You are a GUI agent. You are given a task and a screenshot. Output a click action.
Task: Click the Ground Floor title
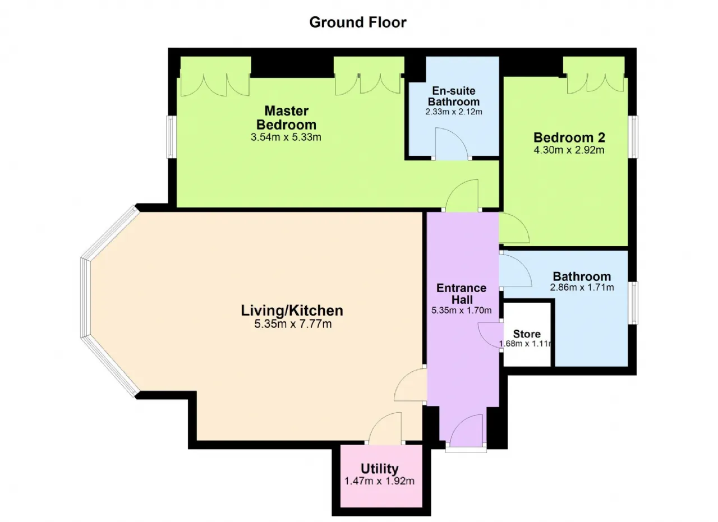coord(358,22)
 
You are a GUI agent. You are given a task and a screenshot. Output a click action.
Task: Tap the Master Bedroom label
coord(286,118)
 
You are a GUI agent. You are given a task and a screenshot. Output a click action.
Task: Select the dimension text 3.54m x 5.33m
coord(286,137)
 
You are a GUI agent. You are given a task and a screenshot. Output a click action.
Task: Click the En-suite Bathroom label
coord(454,96)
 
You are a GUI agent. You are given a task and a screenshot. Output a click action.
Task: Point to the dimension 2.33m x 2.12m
coord(454,112)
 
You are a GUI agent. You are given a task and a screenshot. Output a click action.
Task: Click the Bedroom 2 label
coord(569,137)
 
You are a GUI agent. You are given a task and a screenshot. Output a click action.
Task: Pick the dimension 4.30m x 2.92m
coord(569,150)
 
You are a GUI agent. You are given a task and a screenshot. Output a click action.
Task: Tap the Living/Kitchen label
coord(292,311)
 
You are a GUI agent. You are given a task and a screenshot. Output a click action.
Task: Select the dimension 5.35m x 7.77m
coord(293,324)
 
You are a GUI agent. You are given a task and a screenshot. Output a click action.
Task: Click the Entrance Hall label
coord(462,294)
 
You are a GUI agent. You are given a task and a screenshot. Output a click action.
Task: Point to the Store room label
coord(527,334)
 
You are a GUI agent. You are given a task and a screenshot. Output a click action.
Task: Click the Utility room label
coord(380,469)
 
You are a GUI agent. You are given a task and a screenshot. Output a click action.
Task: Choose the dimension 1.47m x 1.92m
coord(380,481)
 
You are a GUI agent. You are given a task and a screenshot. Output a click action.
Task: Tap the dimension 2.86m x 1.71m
coord(582,288)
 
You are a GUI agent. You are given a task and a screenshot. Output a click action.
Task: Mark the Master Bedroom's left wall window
coord(171,137)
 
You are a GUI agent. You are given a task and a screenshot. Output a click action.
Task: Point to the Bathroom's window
coord(633,303)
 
